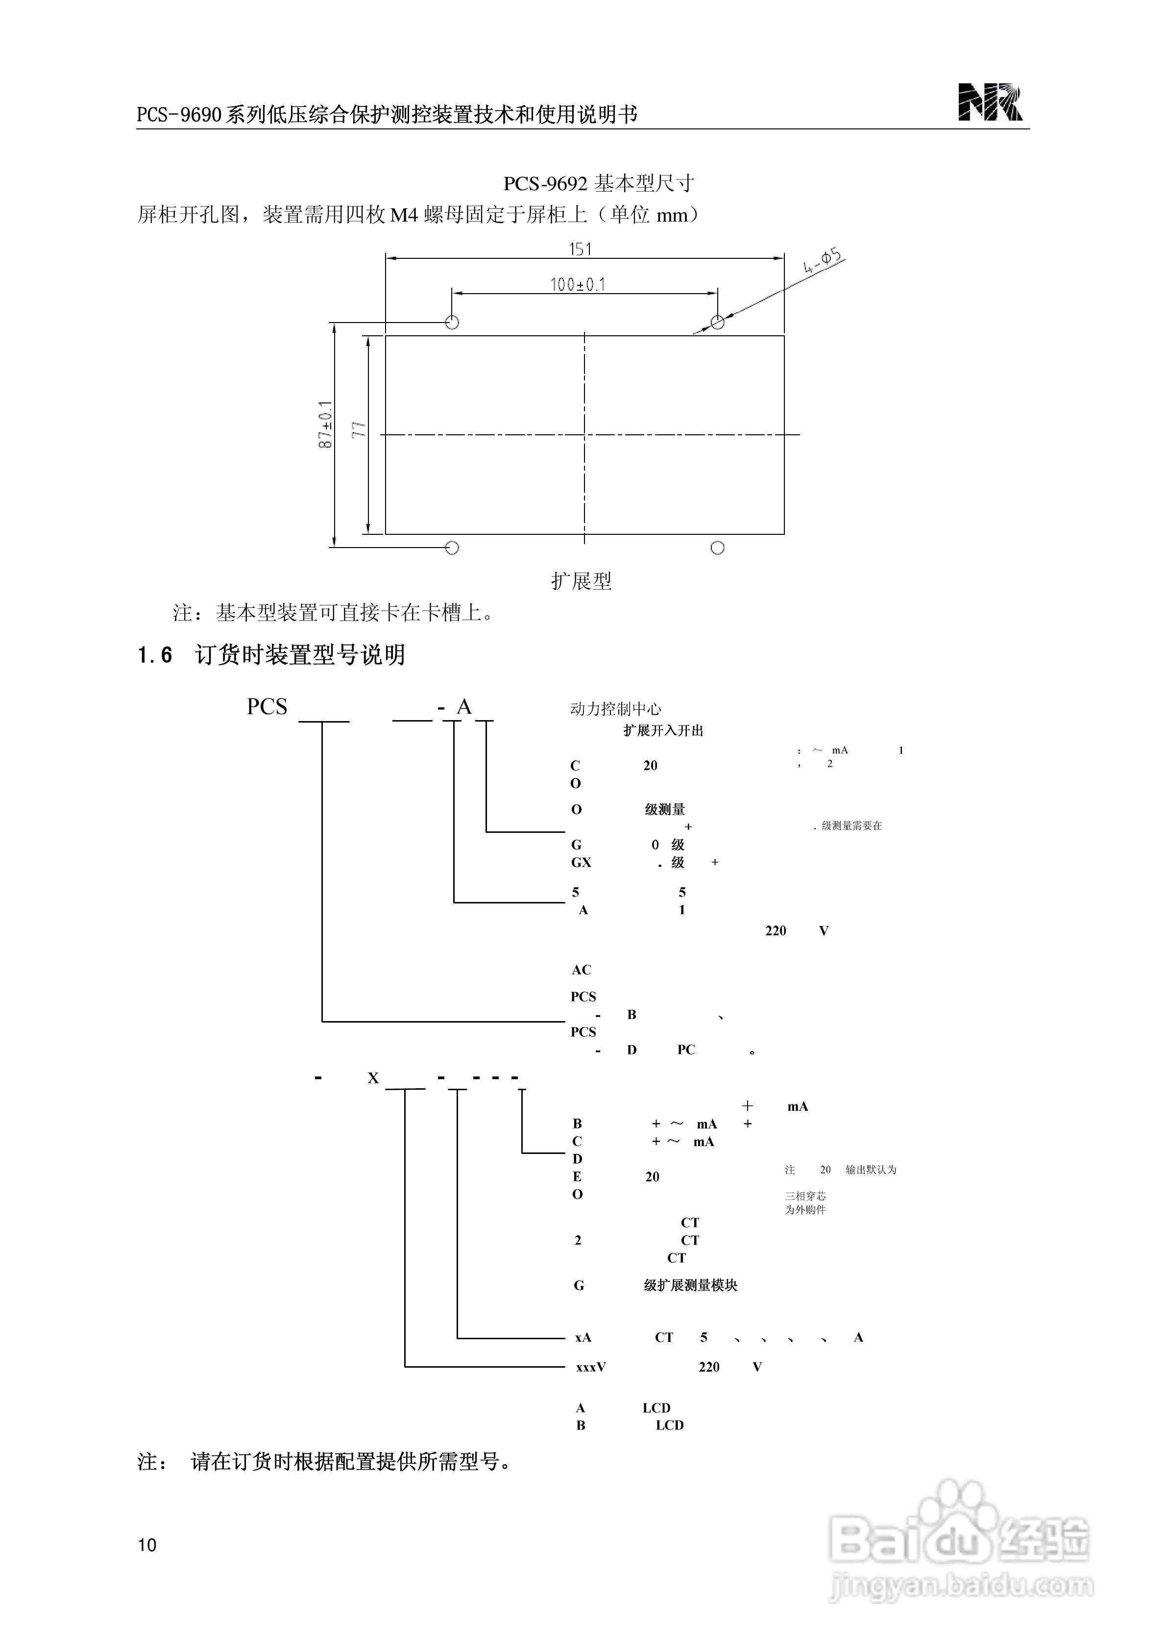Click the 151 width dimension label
(x=580, y=249)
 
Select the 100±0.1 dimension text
(x=578, y=285)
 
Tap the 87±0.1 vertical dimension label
(x=326, y=425)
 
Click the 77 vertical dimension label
(x=359, y=430)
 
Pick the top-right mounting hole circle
(x=717, y=322)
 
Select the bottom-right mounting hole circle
(x=717, y=548)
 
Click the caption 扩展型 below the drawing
(x=582, y=581)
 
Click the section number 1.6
(x=154, y=655)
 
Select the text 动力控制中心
(x=615, y=709)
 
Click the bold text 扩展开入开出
(x=663, y=730)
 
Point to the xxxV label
(x=590, y=1367)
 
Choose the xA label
(x=583, y=1337)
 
